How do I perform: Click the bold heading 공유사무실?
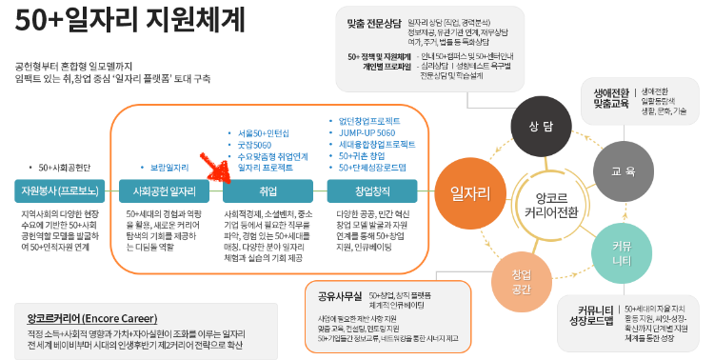pos(334,294)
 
